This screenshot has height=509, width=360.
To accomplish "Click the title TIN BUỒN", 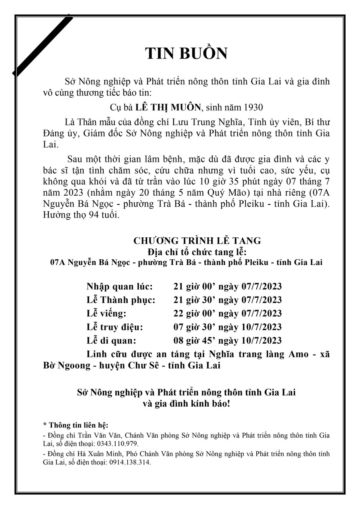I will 186,53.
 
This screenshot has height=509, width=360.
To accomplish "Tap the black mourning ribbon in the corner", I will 42,46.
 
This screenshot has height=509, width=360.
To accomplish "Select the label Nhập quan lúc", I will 119,287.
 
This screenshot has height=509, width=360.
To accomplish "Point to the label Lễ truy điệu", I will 114,327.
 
